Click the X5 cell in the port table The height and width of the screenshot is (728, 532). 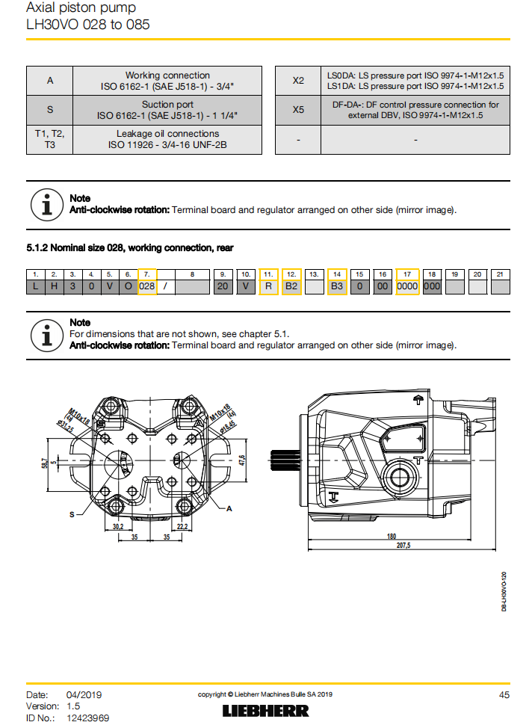point(298,110)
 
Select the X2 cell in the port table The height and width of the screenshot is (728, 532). point(298,81)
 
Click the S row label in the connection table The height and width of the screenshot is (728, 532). point(50,110)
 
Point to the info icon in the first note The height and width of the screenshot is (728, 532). point(46,204)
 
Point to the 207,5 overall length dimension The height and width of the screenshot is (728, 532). point(403,546)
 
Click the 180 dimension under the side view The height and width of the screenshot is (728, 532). point(392,536)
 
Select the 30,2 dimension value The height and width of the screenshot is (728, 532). point(118,526)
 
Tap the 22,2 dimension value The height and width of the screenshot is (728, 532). point(182,526)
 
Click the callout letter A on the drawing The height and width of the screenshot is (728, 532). point(230,508)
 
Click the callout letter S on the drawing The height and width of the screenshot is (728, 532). point(72,514)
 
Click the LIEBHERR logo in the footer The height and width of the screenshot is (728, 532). point(266,710)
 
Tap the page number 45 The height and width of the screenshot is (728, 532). point(504,694)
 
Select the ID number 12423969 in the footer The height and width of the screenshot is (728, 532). point(88,718)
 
